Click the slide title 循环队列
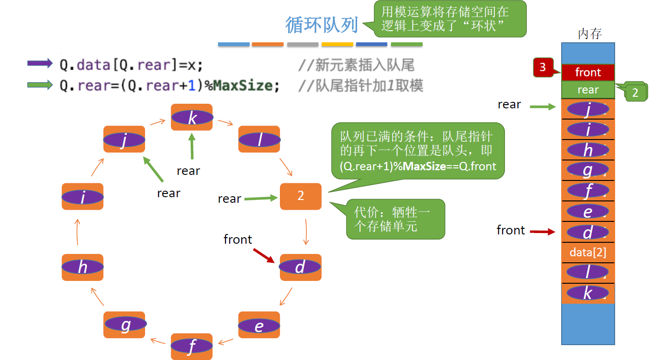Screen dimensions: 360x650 click(322, 25)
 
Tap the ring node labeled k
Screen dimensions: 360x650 click(192, 117)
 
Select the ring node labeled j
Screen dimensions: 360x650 click(124, 139)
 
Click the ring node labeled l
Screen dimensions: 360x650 click(259, 139)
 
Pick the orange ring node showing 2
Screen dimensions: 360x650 click(300, 196)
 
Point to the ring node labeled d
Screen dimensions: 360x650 click(300, 267)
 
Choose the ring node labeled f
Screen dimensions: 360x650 click(192, 347)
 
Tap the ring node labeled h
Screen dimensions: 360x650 click(82, 267)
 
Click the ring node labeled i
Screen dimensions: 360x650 click(82, 196)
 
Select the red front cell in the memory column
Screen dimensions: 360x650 click(588, 73)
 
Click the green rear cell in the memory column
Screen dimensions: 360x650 click(588, 90)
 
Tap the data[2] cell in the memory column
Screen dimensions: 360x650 click(588, 253)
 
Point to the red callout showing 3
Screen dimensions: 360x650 click(543, 67)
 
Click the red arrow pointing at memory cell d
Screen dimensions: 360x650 click(543, 231)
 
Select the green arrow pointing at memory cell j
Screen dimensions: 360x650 click(543, 107)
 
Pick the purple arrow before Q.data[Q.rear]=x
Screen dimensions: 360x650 click(40, 63)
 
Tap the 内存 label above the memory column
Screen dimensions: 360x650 click(590, 34)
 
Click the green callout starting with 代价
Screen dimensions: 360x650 click(395, 219)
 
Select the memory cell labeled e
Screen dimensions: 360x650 click(588, 212)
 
